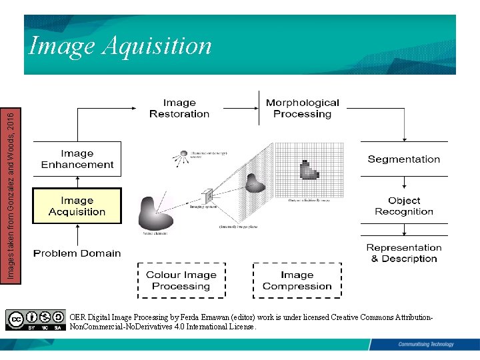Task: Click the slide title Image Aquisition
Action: click(x=120, y=46)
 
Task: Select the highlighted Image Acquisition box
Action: click(x=77, y=206)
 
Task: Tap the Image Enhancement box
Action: click(x=77, y=159)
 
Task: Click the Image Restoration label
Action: click(x=179, y=108)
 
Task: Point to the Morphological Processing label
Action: click(x=302, y=108)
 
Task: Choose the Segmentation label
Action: click(x=404, y=159)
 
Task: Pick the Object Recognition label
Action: click(x=404, y=206)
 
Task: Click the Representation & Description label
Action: click(x=404, y=253)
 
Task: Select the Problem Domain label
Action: click(x=77, y=253)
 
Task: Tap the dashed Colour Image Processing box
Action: click(x=181, y=281)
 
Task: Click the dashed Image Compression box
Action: click(x=297, y=281)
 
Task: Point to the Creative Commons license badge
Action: click(x=36, y=320)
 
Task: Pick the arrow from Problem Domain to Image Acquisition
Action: click(x=77, y=235)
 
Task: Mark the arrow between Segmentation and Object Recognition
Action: click(x=404, y=182)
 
